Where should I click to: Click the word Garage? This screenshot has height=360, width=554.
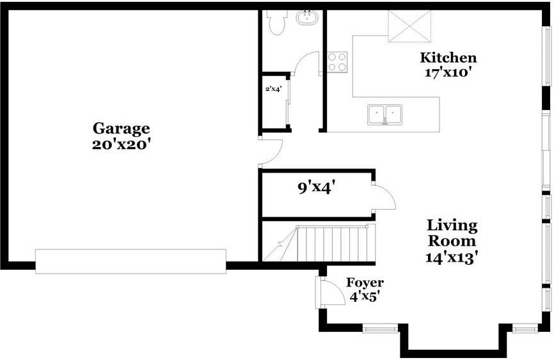[121, 129]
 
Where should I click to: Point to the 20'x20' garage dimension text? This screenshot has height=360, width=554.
[121, 144]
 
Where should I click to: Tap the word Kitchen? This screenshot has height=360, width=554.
[448, 58]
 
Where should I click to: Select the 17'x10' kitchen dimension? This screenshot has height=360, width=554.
[448, 72]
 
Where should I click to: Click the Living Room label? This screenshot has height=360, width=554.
[452, 233]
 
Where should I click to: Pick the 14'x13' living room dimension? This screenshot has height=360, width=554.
[452, 258]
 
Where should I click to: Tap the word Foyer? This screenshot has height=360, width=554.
[365, 283]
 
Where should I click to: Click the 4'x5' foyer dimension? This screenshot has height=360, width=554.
[365, 297]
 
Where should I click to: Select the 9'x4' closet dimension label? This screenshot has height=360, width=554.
[317, 188]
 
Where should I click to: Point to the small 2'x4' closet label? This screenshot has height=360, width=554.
[273, 89]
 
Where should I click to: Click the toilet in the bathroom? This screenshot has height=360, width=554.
[277, 22]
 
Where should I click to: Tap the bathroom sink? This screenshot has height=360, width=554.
[308, 17]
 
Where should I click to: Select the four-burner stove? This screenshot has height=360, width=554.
[337, 62]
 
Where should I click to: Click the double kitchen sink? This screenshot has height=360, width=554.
[384, 114]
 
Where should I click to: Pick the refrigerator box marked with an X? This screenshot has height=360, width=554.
[409, 26]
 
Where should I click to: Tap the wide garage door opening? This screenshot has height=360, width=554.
[131, 262]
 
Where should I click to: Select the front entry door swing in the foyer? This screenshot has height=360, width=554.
[329, 293]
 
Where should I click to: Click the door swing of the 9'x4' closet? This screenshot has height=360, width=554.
[384, 198]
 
